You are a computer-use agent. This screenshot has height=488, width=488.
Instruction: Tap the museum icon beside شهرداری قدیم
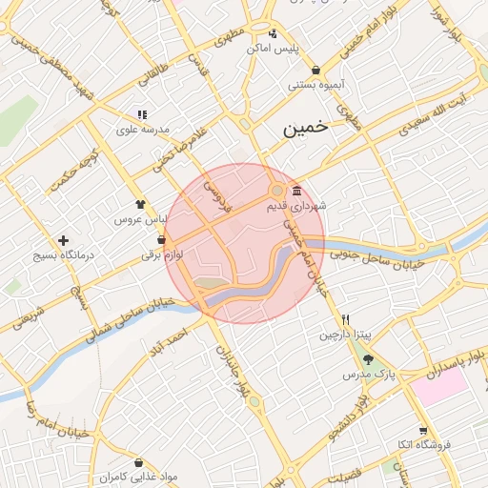click(x=298, y=189)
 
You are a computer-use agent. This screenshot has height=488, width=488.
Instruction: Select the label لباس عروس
click(x=134, y=219)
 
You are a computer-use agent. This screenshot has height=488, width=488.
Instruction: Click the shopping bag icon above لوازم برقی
click(x=161, y=239)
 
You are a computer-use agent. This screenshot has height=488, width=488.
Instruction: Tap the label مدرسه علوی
click(x=143, y=129)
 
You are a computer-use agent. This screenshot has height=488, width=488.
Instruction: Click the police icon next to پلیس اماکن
click(x=274, y=32)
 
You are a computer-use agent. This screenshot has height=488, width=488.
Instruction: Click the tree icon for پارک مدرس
click(x=369, y=359)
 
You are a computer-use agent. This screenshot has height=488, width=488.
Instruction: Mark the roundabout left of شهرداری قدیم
click(x=276, y=192)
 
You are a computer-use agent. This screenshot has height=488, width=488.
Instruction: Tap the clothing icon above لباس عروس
click(x=141, y=203)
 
